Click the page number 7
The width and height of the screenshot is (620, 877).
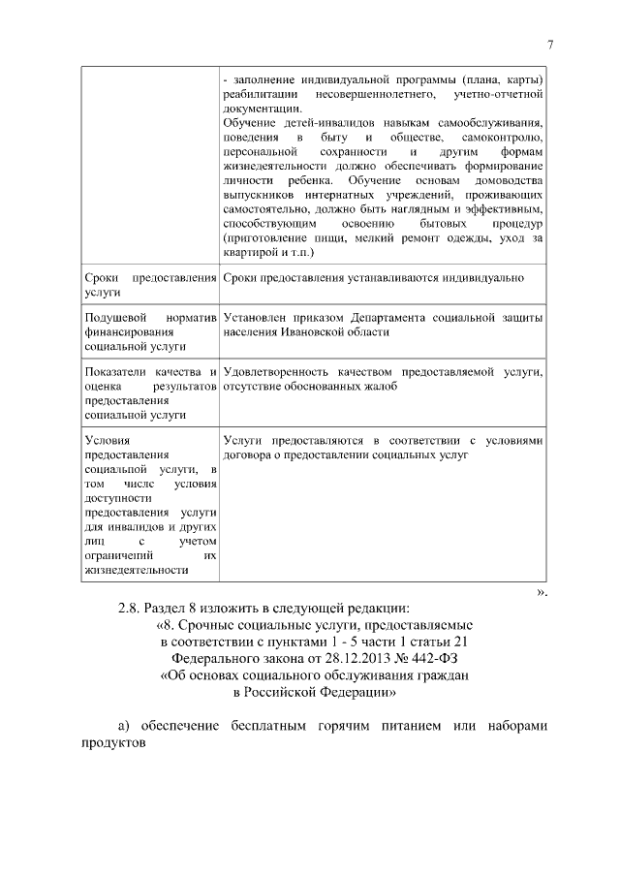coord(549,44)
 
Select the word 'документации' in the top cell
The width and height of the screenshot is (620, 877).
coord(260,110)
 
